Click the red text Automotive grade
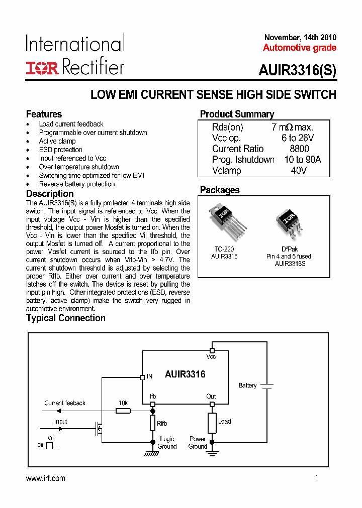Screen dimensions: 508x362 click(300, 48)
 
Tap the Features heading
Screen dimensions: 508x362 click(44, 114)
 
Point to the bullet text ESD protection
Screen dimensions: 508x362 click(60, 150)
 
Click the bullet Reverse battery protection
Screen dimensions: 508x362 click(76, 184)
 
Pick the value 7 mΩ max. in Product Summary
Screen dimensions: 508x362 click(292, 128)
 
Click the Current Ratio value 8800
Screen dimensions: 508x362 click(299, 149)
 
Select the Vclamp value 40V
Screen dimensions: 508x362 click(299, 170)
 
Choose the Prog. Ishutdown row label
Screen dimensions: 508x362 click(243, 160)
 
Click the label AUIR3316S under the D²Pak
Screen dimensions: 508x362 click(289, 264)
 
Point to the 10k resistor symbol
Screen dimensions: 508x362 click(123, 411)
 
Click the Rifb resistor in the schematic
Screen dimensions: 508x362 click(153, 423)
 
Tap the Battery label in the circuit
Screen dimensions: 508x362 click(247, 386)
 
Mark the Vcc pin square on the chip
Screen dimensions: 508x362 click(212, 350)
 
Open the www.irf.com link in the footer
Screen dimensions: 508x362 click(45, 478)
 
